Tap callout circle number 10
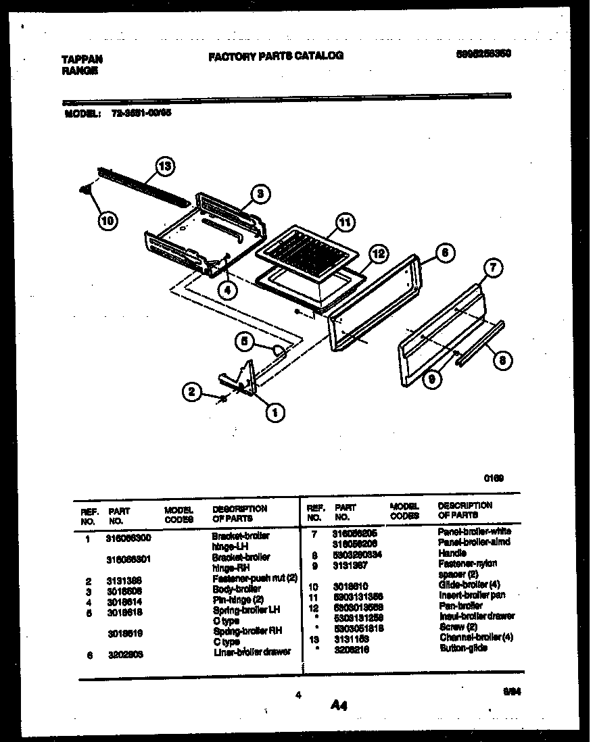108,220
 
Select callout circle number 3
260,194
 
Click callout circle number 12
379,254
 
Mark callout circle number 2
192,391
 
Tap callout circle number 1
274,411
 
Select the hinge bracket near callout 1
243,378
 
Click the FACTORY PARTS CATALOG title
276,56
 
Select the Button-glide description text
462,648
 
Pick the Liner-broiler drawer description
251,652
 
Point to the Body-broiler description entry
236,589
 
